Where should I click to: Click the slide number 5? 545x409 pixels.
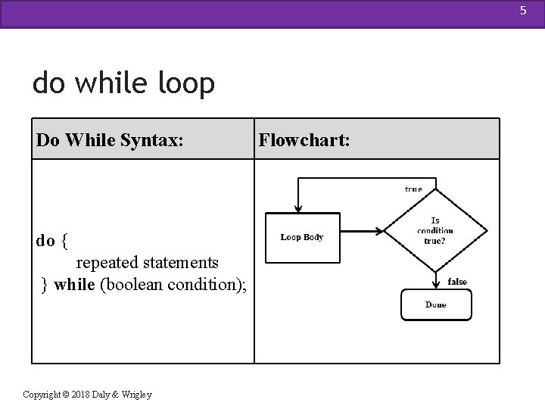(x=523, y=11)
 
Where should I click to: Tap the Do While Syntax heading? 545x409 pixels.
(x=110, y=140)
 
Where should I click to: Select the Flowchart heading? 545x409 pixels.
(x=304, y=140)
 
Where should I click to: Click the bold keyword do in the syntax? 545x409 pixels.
(x=45, y=241)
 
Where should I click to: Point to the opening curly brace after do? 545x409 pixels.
(x=64, y=241)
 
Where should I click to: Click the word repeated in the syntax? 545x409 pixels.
(x=107, y=263)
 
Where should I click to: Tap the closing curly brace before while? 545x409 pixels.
(x=44, y=286)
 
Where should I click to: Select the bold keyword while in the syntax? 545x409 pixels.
(x=74, y=284)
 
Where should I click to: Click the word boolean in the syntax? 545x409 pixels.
(x=135, y=285)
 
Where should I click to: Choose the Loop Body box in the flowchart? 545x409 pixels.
(x=303, y=238)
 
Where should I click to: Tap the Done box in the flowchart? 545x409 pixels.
(x=436, y=304)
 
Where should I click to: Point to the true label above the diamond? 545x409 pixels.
(x=413, y=189)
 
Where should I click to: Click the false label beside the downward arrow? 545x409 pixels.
(x=457, y=281)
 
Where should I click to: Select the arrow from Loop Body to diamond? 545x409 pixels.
(x=362, y=231)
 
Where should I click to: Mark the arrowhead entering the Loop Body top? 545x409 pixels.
(x=298, y=209)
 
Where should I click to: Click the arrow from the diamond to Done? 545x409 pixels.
(x=436, y=280)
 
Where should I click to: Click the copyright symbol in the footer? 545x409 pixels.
(x=66, y=395)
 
